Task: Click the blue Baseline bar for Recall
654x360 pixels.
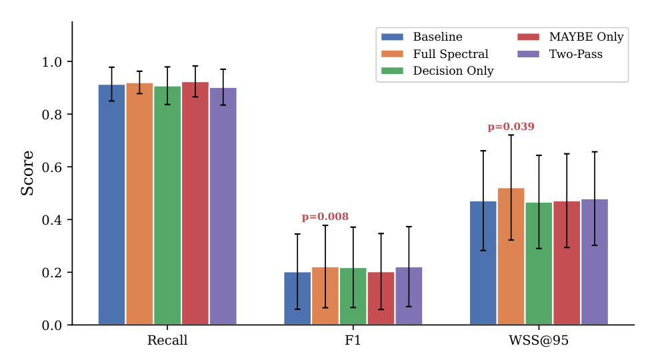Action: tap(111, 205)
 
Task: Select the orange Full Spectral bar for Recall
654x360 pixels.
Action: tap(139, 203)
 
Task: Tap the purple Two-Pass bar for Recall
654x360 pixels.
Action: tap(223, 206)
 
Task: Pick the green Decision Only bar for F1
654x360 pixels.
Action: tap(353, 296)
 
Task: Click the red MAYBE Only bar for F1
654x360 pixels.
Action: tap(381, 298)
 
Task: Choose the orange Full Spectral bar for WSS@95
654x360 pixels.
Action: tap(511, 256)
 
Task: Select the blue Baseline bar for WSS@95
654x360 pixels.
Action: tap(483, 263)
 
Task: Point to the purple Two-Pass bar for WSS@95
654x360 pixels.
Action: tap(595, 262)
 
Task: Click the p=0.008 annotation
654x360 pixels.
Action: tap(325, 217)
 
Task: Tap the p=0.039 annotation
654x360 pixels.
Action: tap(511, 127)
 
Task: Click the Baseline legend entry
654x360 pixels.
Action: tap(422, 37)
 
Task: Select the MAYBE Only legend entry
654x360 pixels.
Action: tap(570, 37)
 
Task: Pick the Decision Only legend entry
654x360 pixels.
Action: tap(437, 71)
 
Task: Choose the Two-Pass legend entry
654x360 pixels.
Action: tap(560, 54)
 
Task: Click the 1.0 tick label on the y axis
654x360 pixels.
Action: tap(52, 62)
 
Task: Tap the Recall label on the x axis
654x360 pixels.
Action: tap(167, 340)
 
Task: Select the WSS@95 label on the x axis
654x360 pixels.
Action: tap(539, 340)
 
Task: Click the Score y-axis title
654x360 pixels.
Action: tap(27, 173)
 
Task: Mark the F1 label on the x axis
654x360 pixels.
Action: tap(353, 340)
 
